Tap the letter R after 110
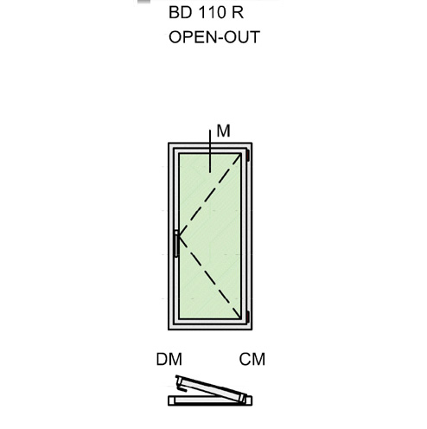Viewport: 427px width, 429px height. pyautogui.click(x=238, y=12)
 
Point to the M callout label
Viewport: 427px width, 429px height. pyautogui.click(x=223, y=131)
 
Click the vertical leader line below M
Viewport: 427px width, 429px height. pyautogui.click(x=210, y=151)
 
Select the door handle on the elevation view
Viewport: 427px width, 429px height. pyautogui.click(x=176, y=244)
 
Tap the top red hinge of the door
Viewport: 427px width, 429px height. pyautogui.click(x=247, y=155)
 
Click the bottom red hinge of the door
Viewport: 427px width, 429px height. pyautogui.click(x=247, y=317)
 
